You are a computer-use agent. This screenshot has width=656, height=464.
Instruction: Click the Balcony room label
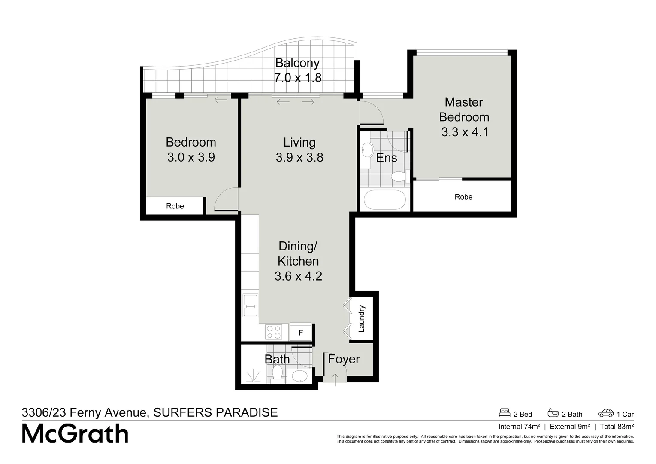point(297,63)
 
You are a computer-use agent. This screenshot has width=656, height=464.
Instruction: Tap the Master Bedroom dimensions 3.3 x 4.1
point(465,132)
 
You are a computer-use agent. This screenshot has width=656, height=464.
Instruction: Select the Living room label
point(299,142)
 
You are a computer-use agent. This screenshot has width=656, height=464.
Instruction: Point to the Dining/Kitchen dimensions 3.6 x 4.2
point(298,276)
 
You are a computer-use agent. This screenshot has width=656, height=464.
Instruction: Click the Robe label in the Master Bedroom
point(463,197)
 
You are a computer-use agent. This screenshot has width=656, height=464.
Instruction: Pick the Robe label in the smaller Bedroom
point(175,206)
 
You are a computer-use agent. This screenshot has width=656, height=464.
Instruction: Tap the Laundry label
point(361,319)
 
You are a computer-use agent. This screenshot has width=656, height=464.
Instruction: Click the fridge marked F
point(301,333)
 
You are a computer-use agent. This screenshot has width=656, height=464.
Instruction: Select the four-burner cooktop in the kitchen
point(274,332)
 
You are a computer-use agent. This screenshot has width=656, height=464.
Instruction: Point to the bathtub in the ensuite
point(384,200)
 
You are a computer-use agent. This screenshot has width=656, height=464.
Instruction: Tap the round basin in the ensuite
point(367,150)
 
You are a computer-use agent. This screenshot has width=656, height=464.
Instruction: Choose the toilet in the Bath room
point(277,374)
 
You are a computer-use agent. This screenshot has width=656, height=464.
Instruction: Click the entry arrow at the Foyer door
point(335,377)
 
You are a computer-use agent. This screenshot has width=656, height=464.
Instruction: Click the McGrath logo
point(75,434)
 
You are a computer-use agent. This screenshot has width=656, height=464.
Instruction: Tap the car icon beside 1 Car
point(606,413)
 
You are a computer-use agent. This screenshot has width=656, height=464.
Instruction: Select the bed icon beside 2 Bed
point(505,413)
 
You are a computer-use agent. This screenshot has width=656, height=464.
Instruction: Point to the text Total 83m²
point(617,427)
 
